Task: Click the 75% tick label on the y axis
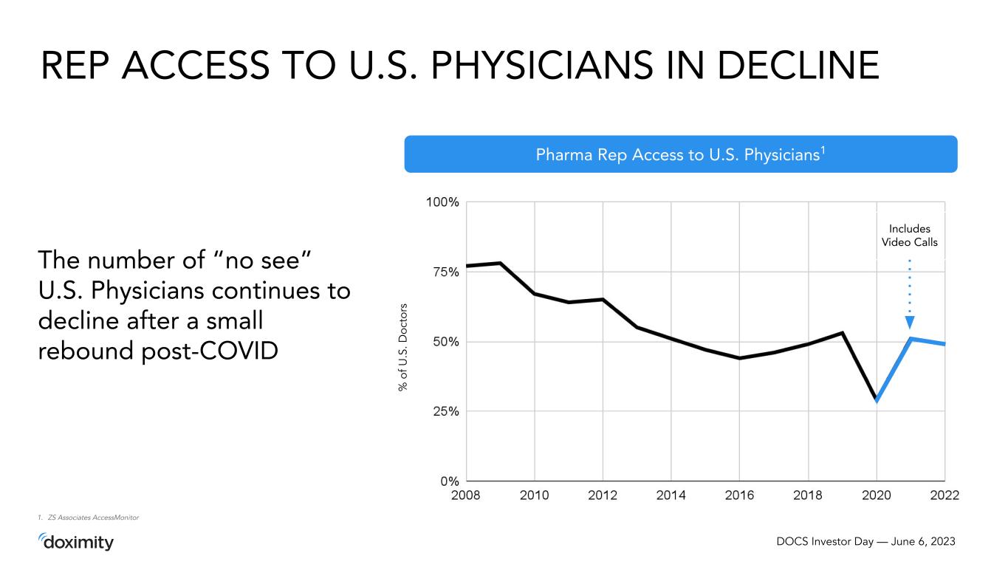pyautogui.click(x=446, y=272)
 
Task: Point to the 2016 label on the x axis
pyautogui.click(x=739, y=495)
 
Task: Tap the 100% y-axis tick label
pyautogui.click(x=442, y=202)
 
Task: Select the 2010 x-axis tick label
pyautogui.click(x=534, y=495)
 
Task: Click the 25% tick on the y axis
pyautogui.click(x=446, y=411)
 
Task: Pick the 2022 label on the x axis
pyautogui.click(x=944, y=495)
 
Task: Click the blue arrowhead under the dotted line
pyautogui.click(x=910, y=322)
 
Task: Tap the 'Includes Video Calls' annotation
pyautogui.click(x=910, y=236)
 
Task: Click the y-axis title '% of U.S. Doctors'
pyautogui.click(x=402, y=348)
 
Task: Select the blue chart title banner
pyautogui.click(x=681, y=154)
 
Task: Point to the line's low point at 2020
pyautogui.click(x=876, y=400)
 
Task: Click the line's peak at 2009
pyautogui.click(x=501, y=263)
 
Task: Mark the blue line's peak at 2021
pyautogui.click(x=911, y=338)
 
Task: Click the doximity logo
pyautogui.click(x=75, y=542)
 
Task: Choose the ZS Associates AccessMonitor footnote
pyautogui.click(x=89, y=518)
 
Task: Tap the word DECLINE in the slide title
pyautogui.click(x=798, y=66)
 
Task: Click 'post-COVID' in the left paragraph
pyautogui.click(x=210, y=351)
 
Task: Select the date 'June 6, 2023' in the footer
pyautogui.click(x=923, y=541)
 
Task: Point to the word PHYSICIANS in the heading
pyautogui.click(x=541, y=66)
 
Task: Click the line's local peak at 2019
pyautogui.click(x=842, y=332)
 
